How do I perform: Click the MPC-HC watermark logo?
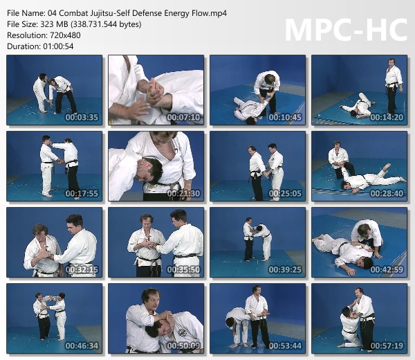[x=347, y=30]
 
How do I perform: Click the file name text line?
[x=117, y=13]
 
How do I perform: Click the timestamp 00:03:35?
[x=82, y=118]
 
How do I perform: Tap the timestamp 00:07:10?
[x=183, y=118]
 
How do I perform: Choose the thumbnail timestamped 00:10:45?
[x=257, y=90]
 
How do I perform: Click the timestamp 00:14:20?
[x=387, y=118]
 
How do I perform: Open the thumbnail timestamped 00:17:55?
[x=54, y=166]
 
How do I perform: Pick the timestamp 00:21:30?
[x=183, y=193]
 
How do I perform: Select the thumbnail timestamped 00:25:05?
[x=257, y=166]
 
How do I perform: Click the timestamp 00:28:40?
[x=387, y=193]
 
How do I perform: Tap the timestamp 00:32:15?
[x=82, y=270]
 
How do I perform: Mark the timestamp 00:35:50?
[x=183, y=270]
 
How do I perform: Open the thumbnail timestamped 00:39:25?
[x=257, y=242]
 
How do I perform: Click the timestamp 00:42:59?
[x=387, y=270]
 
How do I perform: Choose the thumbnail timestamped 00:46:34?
[x=54, y=318]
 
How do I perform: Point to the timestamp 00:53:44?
[x=285, y=345]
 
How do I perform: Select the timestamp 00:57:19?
[x=387, y=345]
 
